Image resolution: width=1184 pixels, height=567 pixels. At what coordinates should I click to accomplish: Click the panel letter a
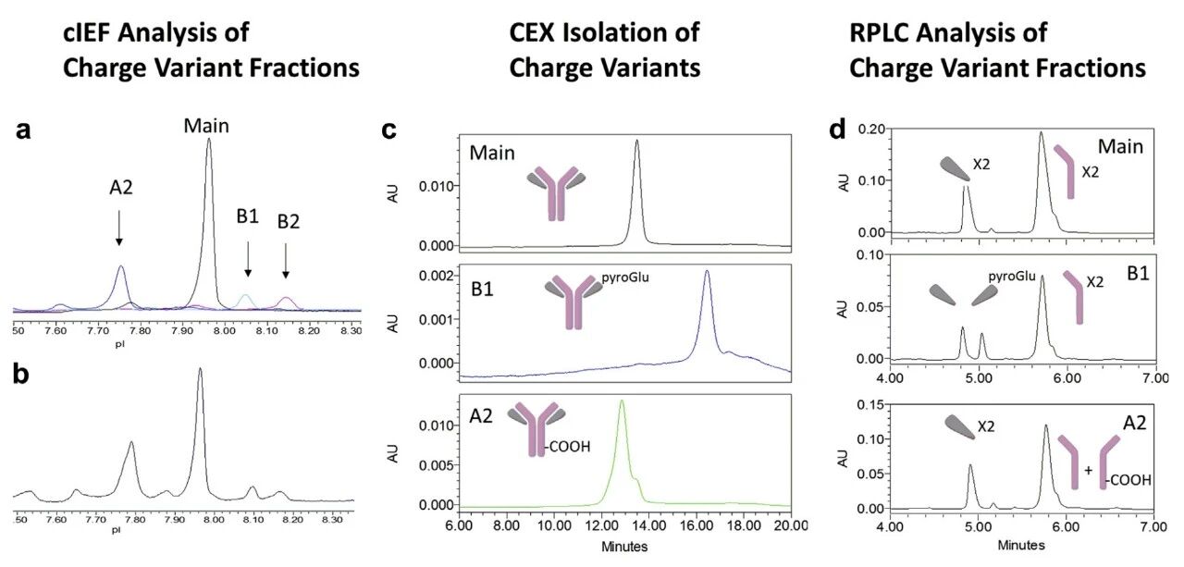tap(23, 130)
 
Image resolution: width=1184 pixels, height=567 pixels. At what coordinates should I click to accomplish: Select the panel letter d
tap(837, 130)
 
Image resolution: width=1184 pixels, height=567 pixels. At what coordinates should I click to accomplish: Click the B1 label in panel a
tap(247, 219)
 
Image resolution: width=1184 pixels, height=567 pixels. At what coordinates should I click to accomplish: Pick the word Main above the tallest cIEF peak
tap(205, 124)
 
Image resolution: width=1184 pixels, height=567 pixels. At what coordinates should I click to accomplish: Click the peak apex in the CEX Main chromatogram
tap(637, 142)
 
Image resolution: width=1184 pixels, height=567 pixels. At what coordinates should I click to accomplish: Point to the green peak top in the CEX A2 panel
tap(622, 401)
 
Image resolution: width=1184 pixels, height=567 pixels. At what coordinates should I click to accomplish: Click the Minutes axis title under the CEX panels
tap(624, 546)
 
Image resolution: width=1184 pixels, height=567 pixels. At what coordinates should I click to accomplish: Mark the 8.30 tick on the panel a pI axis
tap(350, 328)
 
